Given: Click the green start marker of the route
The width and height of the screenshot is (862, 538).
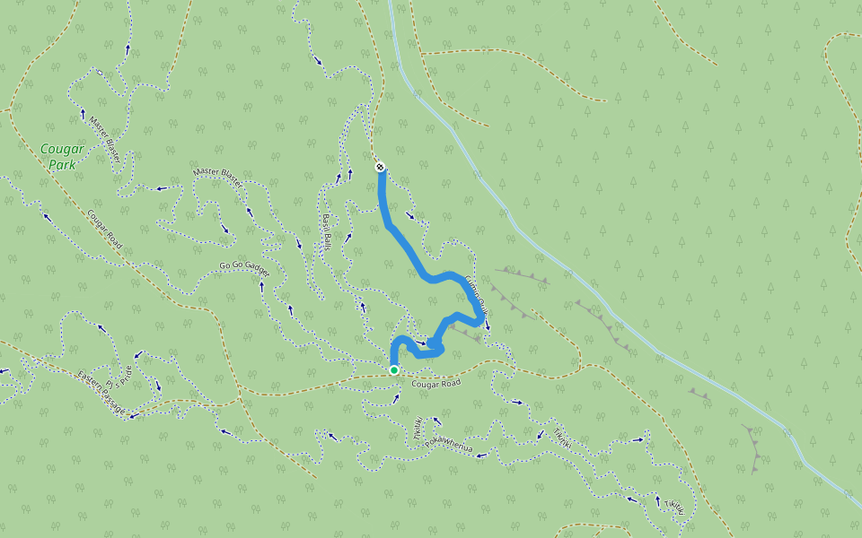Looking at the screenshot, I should click(394, 369).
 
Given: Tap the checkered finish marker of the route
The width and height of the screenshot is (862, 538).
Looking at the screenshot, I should click(380, 166).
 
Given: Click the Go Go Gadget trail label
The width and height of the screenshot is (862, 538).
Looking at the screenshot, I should click(245, 266).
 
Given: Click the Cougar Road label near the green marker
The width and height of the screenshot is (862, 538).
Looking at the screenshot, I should click(435, 384).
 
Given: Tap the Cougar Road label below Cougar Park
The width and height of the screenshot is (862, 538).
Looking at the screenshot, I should click(104, 230).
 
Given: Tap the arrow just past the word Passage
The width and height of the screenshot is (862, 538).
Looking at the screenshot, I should click(131, 415).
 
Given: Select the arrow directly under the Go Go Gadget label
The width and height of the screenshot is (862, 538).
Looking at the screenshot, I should click(261, 286).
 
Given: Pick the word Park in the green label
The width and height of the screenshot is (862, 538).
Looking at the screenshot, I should click(63, 164).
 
